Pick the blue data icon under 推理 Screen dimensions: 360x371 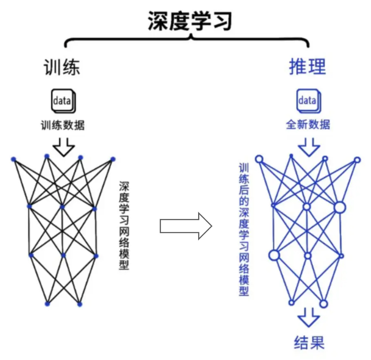point(308,101)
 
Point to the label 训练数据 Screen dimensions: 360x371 point(63,125)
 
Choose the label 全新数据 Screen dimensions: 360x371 point(308,124)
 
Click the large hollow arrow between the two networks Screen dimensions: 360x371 point(185,225)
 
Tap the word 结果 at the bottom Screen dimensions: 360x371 point(309,342)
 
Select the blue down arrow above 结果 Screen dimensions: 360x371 point(309,318)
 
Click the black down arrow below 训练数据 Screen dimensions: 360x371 point(64,146)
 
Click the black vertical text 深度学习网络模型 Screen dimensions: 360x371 point(124,225)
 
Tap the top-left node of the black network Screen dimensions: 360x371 point(13,159)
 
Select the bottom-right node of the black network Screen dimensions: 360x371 point(79,304)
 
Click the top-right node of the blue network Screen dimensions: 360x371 point(357,160)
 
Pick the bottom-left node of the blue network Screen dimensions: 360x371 point(291,303)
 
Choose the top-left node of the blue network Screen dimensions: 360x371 point(258,159)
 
